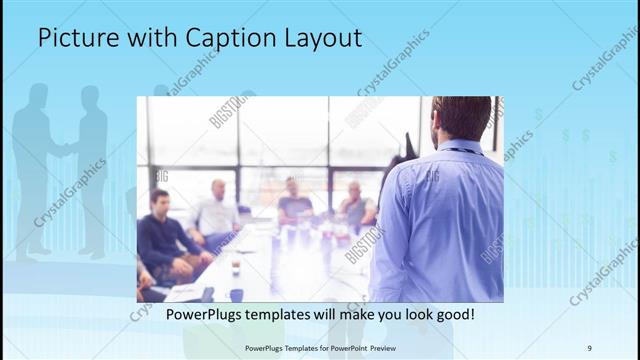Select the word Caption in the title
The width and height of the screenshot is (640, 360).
(x=221, y=39)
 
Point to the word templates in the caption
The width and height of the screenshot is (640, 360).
(x=291, y=314)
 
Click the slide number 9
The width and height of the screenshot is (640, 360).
(x=589, y=348)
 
